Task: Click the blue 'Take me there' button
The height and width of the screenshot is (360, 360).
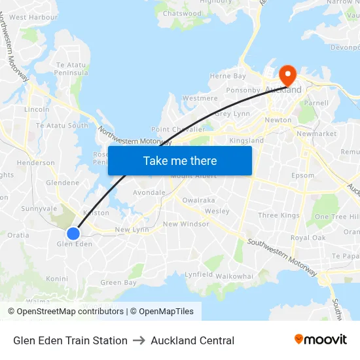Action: (180, 161)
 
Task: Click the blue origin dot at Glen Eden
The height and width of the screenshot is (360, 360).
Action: (73, 233)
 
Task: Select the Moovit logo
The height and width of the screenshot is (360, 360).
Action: (320, 340)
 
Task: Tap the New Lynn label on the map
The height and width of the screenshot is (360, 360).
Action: (132, 230)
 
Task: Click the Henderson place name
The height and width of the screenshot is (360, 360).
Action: (36, 162)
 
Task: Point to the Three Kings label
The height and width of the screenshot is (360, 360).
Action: (278, 215)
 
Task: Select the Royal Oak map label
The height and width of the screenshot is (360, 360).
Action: (308, 238)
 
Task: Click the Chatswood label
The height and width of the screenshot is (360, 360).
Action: (182, 13)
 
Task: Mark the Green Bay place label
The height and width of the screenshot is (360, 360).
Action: (118, 283)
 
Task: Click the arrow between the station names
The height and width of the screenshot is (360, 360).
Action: (139, 340)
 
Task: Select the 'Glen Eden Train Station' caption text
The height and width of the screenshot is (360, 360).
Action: (70, 340)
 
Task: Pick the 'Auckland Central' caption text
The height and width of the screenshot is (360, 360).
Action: (192, 340)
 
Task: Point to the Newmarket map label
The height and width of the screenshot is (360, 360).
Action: (316, 134)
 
